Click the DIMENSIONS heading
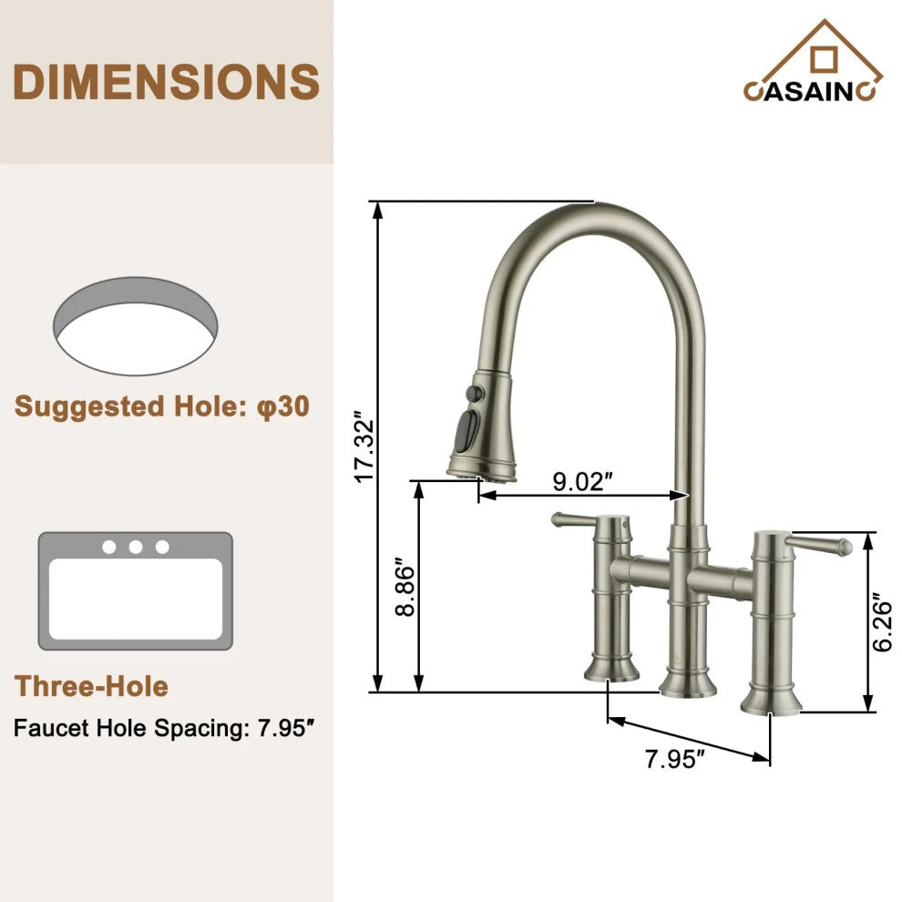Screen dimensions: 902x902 click(x=167, y=82)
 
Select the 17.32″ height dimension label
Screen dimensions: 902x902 click(x=364, y=447)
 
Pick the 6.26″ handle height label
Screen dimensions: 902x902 click(x=882, y=623)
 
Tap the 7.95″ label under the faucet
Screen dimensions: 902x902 click(x=675, y=758)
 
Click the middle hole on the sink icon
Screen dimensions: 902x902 click(x=136, y=547)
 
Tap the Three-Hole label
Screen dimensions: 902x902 click(x=91, y=686)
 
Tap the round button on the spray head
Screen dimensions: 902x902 click(x=472, y=393)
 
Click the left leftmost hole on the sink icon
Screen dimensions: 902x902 click(x=109, y=547)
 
